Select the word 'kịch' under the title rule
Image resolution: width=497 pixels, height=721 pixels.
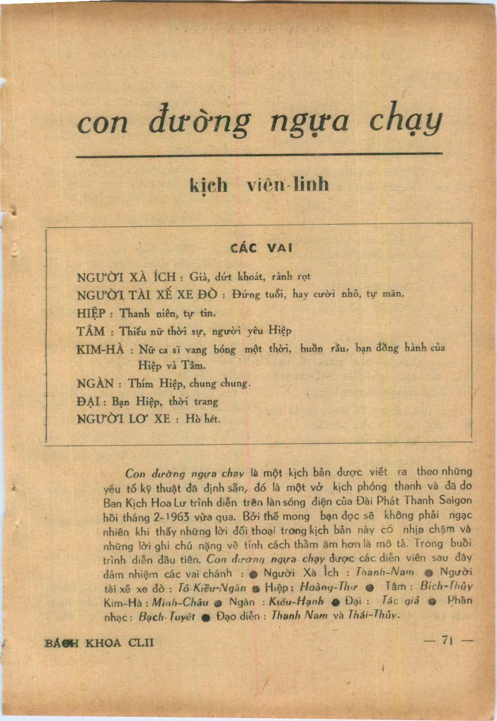point(208,185)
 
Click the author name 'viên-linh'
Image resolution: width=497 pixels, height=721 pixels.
point(288,185)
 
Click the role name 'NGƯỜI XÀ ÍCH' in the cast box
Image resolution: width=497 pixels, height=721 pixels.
point(126,277)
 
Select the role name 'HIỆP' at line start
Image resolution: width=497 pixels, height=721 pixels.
point(91,313)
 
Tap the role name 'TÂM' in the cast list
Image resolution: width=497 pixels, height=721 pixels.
point(91,331)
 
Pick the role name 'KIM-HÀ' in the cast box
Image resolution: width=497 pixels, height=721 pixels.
point(100,350)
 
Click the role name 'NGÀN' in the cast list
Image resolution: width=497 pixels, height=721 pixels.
point(95,384)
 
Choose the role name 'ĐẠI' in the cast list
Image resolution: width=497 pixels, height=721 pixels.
point(89,401)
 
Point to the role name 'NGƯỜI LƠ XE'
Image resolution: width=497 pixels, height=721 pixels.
point(123,419)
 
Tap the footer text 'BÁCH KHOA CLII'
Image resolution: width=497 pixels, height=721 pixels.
point(99,643)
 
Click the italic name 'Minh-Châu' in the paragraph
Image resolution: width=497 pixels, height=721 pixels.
point(180,602)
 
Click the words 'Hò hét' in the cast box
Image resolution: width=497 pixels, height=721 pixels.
point(203,419)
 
